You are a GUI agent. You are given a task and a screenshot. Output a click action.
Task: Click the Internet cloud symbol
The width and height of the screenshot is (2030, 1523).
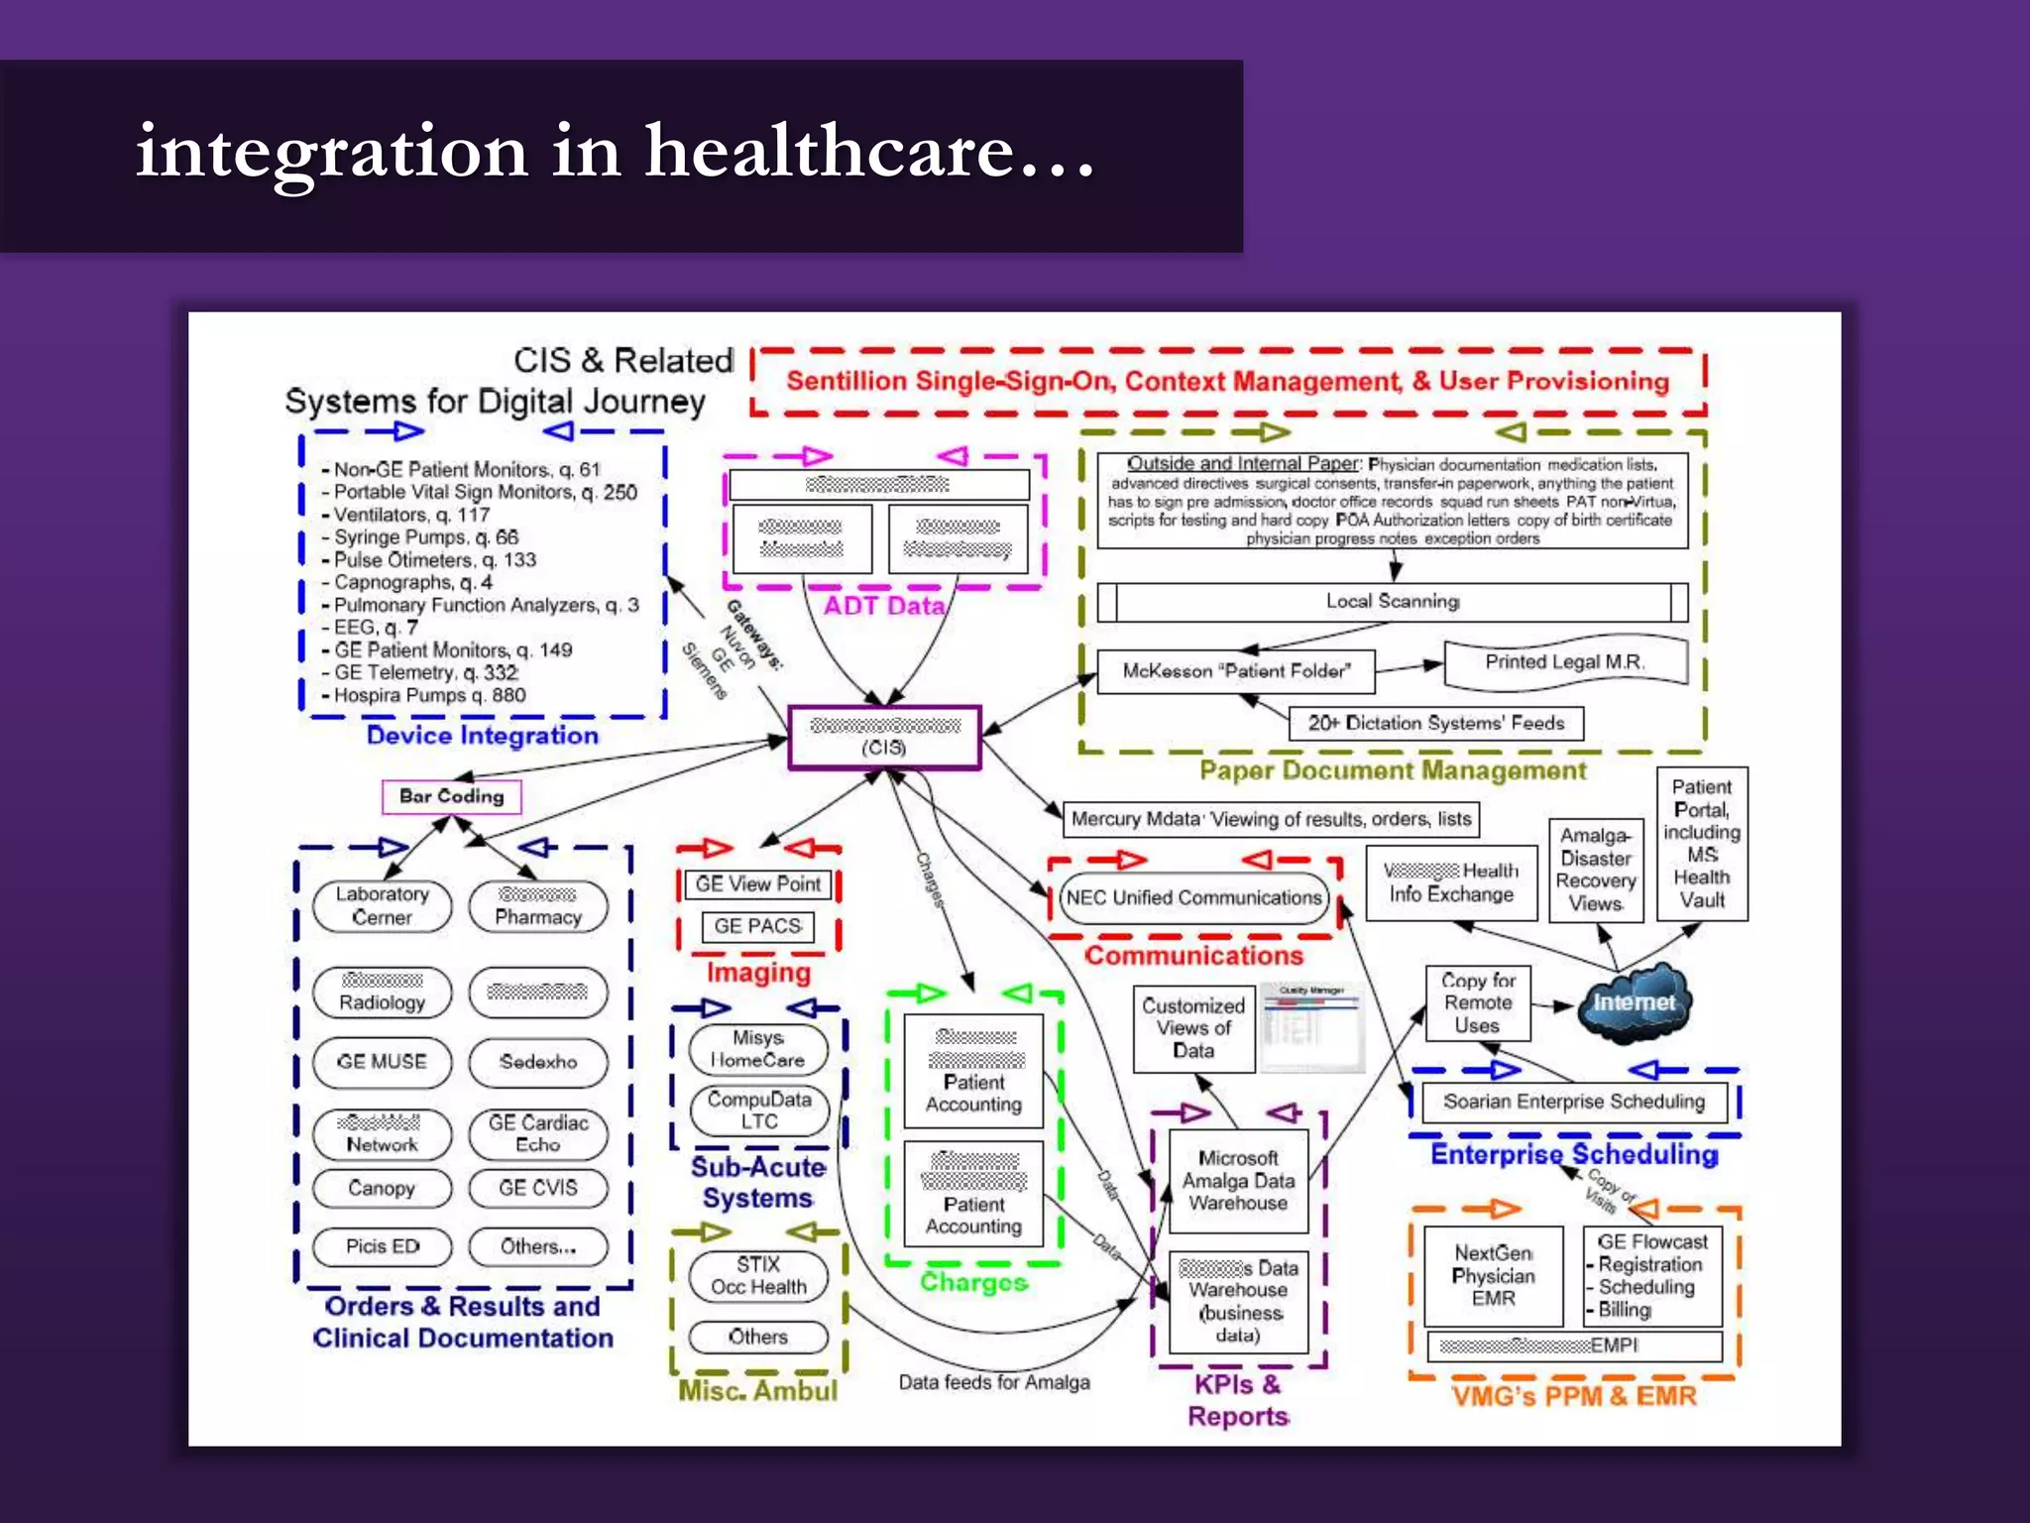(1635, 1003)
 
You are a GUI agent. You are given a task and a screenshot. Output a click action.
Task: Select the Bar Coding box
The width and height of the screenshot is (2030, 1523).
(452, 796)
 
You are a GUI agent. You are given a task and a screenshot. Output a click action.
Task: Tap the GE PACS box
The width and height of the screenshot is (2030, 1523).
(758, 926)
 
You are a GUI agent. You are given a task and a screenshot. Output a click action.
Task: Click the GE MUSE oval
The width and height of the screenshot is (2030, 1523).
(382, 1062)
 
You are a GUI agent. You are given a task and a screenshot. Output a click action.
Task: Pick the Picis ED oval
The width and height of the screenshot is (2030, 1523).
(382, 1246)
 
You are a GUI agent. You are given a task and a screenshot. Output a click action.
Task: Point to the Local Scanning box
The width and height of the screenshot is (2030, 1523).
(1393, 602)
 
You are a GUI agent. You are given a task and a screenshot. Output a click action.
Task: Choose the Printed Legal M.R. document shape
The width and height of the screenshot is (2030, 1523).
(1564, 663)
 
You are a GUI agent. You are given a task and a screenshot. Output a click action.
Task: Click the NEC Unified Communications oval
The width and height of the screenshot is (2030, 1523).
(1193, 898)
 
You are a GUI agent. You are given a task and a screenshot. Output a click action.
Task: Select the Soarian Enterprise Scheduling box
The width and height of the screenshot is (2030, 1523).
(1574, 1102)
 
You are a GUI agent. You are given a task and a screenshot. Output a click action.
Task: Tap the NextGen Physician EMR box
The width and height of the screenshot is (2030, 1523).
(1493, 1276)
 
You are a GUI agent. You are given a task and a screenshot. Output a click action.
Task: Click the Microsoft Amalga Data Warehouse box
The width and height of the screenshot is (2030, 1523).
(1238, 1181)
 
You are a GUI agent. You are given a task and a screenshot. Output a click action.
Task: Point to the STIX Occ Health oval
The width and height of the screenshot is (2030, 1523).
(758, 1276)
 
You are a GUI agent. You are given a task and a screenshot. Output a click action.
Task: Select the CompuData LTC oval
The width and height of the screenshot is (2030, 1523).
(758, 1111)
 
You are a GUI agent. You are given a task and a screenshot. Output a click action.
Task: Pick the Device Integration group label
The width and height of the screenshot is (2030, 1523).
(483, 736)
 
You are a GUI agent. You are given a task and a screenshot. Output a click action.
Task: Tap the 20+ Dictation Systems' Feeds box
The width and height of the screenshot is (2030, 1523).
(1435, 724)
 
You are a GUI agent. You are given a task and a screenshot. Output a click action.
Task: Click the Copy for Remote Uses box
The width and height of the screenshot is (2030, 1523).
(1477, 1003)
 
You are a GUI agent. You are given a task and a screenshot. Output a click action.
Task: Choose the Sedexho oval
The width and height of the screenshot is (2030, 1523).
(538, 1062)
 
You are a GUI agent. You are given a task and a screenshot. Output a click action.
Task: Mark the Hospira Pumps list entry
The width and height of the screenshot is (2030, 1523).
(429, 696)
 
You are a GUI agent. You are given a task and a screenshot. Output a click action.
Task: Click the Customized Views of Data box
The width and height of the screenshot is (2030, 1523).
(1193, 1028)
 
